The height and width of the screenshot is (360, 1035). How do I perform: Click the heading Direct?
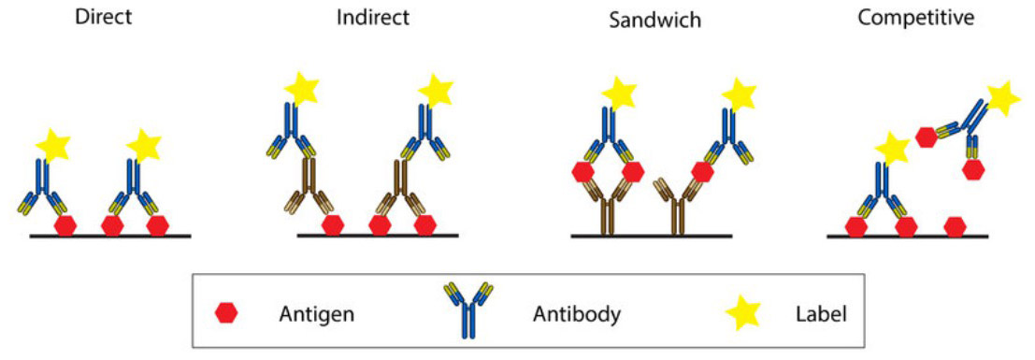[104, 17]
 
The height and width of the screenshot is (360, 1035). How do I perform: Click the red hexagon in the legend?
[227, 314]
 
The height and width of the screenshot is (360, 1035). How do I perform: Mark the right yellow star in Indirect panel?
[436, 91]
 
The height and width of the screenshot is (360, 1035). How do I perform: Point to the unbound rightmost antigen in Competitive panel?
[955, 225]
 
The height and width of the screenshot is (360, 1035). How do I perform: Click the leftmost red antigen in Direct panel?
[66, 225]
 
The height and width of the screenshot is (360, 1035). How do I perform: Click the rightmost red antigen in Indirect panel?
[426, 225]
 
